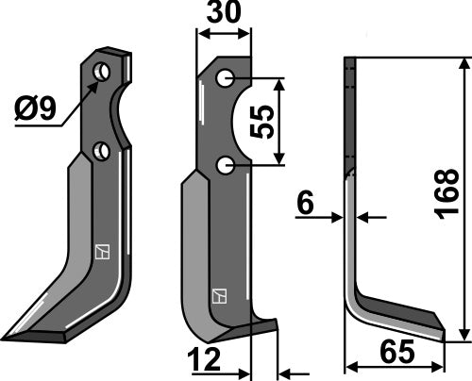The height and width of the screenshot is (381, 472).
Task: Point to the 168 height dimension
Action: pos(450,200)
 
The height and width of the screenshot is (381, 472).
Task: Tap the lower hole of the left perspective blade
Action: pos(102,150)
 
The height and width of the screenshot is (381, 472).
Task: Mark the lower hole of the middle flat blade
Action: pos(225,166)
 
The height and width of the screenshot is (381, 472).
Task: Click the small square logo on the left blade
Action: pos(101,251)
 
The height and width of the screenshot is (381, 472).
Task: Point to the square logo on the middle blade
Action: pos(218,295)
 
